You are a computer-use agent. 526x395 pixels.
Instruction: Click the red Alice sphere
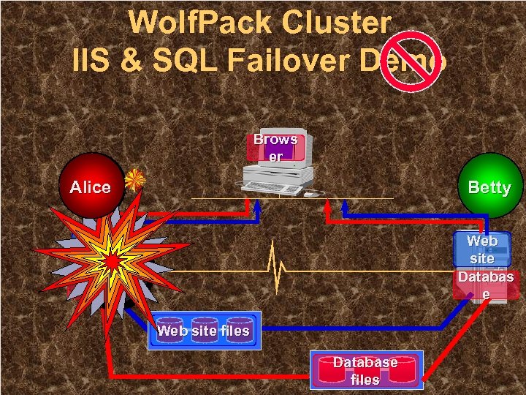91,186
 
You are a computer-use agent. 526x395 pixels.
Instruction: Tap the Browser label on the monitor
275,147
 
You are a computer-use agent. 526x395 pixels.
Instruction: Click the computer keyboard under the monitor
272,188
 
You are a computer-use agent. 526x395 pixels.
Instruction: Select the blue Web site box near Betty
481,249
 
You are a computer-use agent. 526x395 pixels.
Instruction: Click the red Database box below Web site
485,285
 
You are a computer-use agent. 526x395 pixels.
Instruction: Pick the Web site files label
203,331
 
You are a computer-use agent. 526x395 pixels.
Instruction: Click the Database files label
365,370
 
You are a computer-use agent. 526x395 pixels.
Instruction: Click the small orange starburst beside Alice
134,179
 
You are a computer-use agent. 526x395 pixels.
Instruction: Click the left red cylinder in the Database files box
327,370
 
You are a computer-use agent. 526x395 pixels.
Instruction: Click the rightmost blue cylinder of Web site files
239,331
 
